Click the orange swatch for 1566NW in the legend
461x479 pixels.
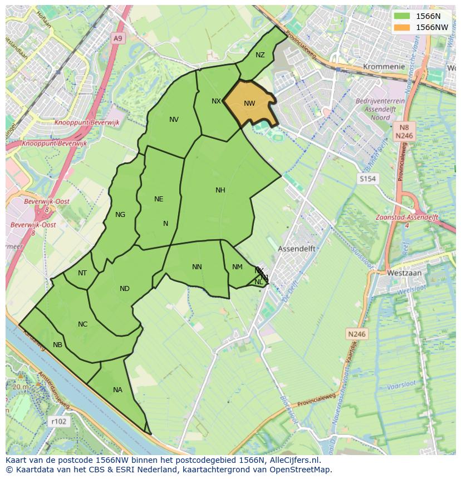tap(401, 27)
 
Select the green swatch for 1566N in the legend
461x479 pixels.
tap(401, 16)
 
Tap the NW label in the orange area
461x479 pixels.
tap(249, 103)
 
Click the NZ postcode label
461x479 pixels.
tap(260, 55)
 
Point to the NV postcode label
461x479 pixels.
tap(174, 120)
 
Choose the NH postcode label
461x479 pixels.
tap(220, 190)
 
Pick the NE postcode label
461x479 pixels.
tap(159, 199)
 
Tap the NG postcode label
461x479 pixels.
tap(120, 215)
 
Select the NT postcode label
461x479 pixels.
tap(82, 273)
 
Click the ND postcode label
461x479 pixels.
tap(125, 289)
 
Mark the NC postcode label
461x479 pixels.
tap(83, 324)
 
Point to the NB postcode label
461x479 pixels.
tap(57, 345)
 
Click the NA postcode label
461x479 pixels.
tap(117, 390)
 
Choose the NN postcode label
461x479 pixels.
tap(197, 267)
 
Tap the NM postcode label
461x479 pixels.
tap(237, 267)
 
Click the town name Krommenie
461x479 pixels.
tap(384, 66)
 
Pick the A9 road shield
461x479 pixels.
tap(117, 38)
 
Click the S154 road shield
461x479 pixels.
tap(367, 179)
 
